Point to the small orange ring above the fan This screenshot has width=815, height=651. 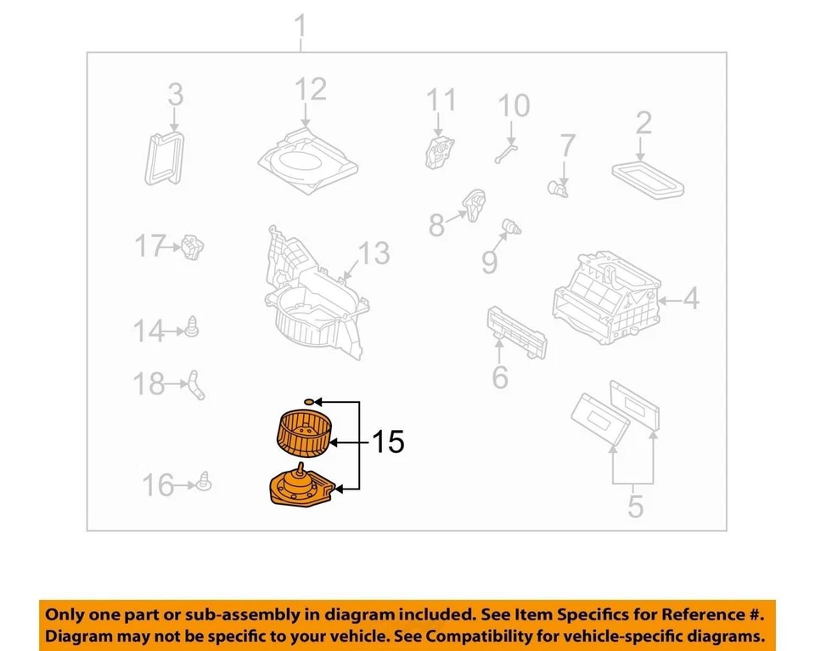tap(311, 400)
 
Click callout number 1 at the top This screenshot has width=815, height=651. tap(300, 30)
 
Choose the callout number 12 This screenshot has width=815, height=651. tap(310, 88)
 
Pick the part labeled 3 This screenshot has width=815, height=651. tap(165, 156)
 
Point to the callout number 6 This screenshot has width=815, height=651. tap(499, 376)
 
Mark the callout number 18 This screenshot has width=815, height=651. tap(149, 384)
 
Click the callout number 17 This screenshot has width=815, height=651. tap(150, 247)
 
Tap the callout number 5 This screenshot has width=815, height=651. tap(635, 507)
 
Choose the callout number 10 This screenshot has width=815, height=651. tap(513, 105)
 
